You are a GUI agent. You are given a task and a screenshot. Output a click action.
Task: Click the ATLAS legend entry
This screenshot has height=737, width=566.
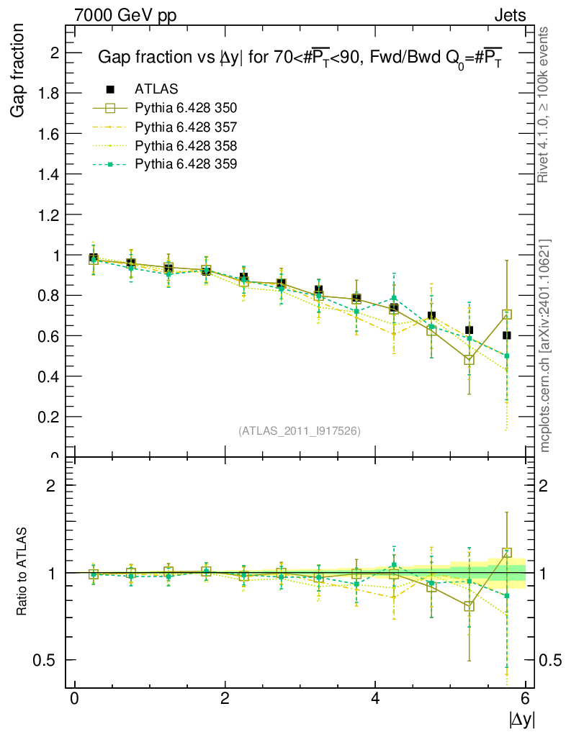pos(156,89)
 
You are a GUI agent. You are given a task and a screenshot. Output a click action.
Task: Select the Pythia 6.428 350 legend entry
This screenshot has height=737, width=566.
pos(186,108)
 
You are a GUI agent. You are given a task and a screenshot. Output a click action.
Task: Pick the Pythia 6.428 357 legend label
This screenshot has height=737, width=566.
pos(186,127)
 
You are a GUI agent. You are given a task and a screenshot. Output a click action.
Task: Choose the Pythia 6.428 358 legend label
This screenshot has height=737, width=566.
pos(186,145)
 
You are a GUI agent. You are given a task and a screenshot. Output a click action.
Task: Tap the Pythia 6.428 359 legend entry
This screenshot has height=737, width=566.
pos(186,164)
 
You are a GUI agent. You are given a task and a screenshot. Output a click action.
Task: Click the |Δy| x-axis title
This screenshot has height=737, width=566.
pos(521,719)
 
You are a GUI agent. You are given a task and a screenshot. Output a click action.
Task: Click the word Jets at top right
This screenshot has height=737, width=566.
pos(509,15)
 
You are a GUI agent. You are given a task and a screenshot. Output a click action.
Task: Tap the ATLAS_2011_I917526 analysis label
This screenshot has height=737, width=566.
pos(300,430)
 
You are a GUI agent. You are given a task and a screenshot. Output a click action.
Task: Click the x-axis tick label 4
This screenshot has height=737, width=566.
pos(375,699)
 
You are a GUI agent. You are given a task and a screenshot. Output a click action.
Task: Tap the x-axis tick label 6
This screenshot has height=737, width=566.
pos(526,699)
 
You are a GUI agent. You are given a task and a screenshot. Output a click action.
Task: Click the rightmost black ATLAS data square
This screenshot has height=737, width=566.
pos(507,335)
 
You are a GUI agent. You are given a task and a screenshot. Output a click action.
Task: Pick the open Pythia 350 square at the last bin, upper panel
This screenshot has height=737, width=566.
pos(507,315)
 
